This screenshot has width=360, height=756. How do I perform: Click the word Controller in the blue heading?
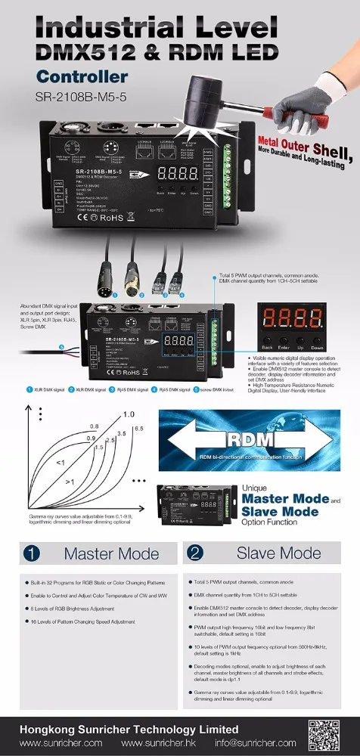coord(82,76)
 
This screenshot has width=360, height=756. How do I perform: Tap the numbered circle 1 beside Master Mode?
coord(31,553)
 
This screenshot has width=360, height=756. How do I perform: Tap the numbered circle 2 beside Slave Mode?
coord(196,553)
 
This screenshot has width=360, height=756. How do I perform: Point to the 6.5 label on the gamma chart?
coord(138,429)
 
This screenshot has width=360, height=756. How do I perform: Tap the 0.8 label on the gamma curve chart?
coord(95,426)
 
